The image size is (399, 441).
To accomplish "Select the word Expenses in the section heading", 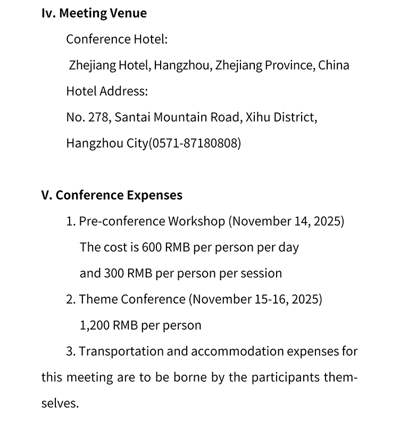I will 154,195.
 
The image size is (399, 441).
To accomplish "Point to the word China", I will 334,66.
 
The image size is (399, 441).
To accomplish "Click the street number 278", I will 98,117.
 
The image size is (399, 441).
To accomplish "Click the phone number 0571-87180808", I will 195,143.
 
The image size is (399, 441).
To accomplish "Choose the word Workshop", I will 196,221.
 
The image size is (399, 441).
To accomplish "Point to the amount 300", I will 114,273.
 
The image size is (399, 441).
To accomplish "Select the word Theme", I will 98,299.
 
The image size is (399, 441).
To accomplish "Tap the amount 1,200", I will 95,325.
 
